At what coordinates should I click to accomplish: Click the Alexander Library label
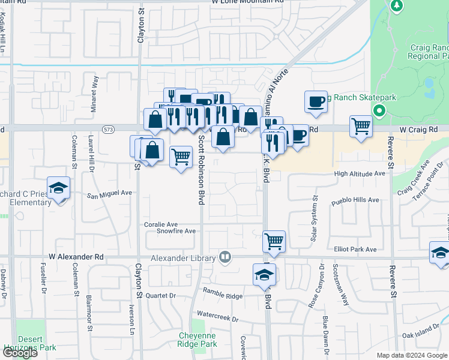pyautogui.click(x=183, y=258)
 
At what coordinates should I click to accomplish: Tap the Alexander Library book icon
pyautogui.click(x=225, y=257)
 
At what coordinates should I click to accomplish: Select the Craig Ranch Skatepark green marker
pyautogui.click(x=379, y=110)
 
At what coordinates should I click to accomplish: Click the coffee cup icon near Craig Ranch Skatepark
pyautogui.click(x=316, y=101)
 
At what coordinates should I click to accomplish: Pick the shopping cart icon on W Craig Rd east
pyautogui.click(x=361, y=126)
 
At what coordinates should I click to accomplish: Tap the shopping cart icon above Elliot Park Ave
pyautogui.click(x=274, y=241)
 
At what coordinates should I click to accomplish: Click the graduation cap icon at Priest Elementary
pyautogui.click(x=58, y=188)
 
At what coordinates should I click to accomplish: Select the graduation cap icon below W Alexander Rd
pyautogui.click(x=264, y=274)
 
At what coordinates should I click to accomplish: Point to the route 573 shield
pyautogui.click(x=108, y=129)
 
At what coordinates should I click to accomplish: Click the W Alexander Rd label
pyautogui.click(x=76, y=256)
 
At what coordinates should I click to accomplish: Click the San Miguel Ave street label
pyautogui.click(x=109, y=194)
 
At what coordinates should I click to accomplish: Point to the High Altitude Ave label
pyautogui.click(x=360, y=173)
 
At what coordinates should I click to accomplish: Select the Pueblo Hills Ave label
pyautogui.click(x=356, y=200)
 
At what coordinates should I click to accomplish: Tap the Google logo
pyautogui.click(x=20, y=353)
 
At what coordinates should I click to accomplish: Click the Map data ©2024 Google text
pyautogui.click(x=412, y=355)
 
